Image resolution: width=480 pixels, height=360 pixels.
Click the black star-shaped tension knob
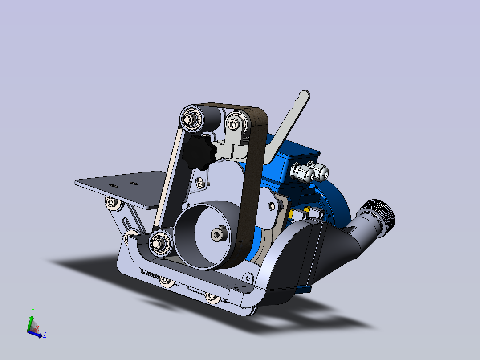[199, 152]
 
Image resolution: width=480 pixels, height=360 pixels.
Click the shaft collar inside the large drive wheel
[218, 234]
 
